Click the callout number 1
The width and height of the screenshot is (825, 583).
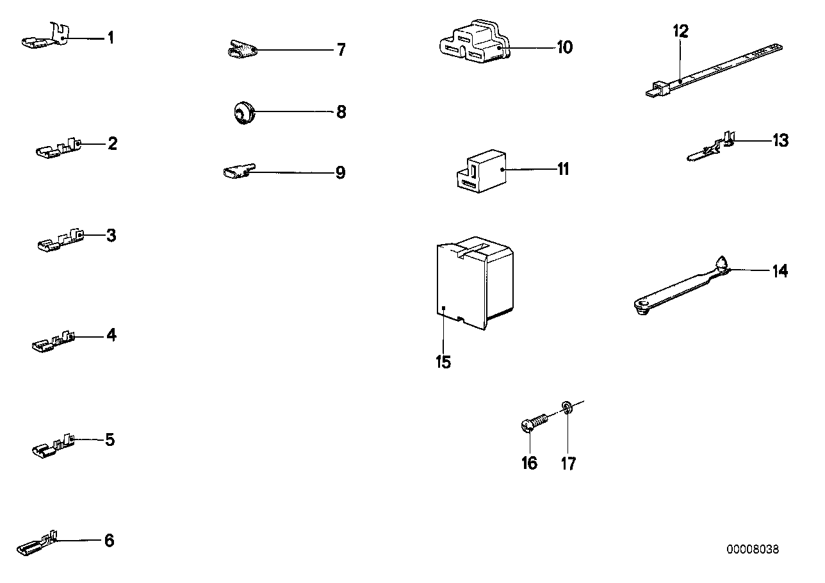click(110, 38)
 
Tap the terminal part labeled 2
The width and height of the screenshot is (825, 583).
click(58, 149)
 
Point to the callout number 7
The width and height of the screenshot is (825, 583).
click(341, 49)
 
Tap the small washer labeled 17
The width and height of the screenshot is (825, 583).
click(566, 407)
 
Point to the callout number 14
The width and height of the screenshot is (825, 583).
click(779, 271)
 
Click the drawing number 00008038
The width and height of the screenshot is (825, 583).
click(753, 550)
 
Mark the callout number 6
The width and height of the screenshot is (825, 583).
click(109, 541)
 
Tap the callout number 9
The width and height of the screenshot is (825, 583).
click(340, 172)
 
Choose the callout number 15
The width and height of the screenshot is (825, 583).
click(443, 362)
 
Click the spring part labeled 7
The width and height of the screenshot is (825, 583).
click(243, 49)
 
